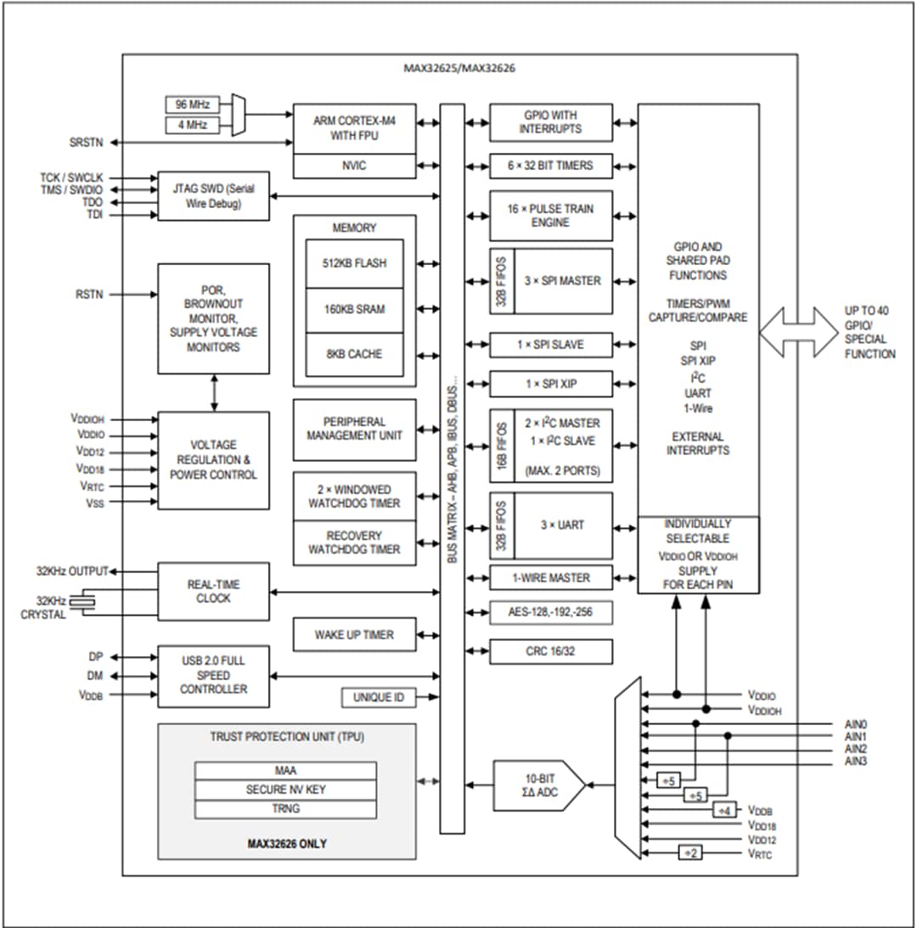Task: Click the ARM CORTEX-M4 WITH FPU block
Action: click(x=354, y=128)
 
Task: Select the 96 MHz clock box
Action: click(x=192, y=105)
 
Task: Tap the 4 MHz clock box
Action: click(x=192, y=127)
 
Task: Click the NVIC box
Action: click(x=354, y=166)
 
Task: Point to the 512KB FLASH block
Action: click(x=354, y=263)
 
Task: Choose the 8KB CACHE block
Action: click(x=354, y=354)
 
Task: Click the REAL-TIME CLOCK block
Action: click(x=213, y=591)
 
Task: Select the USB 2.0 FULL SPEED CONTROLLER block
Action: click(x=213, y=676)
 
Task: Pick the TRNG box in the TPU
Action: click(x=285, y=808)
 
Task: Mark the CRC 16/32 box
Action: click(x=551, y=651)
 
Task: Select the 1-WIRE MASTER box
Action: click(x=551, y=577)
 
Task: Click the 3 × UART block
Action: click(x=563, y=525)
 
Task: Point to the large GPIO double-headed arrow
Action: click(x=797, y=331)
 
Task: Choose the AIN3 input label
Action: click(x=855, y=762)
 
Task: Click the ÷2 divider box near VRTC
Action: click(x=690, y=852)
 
